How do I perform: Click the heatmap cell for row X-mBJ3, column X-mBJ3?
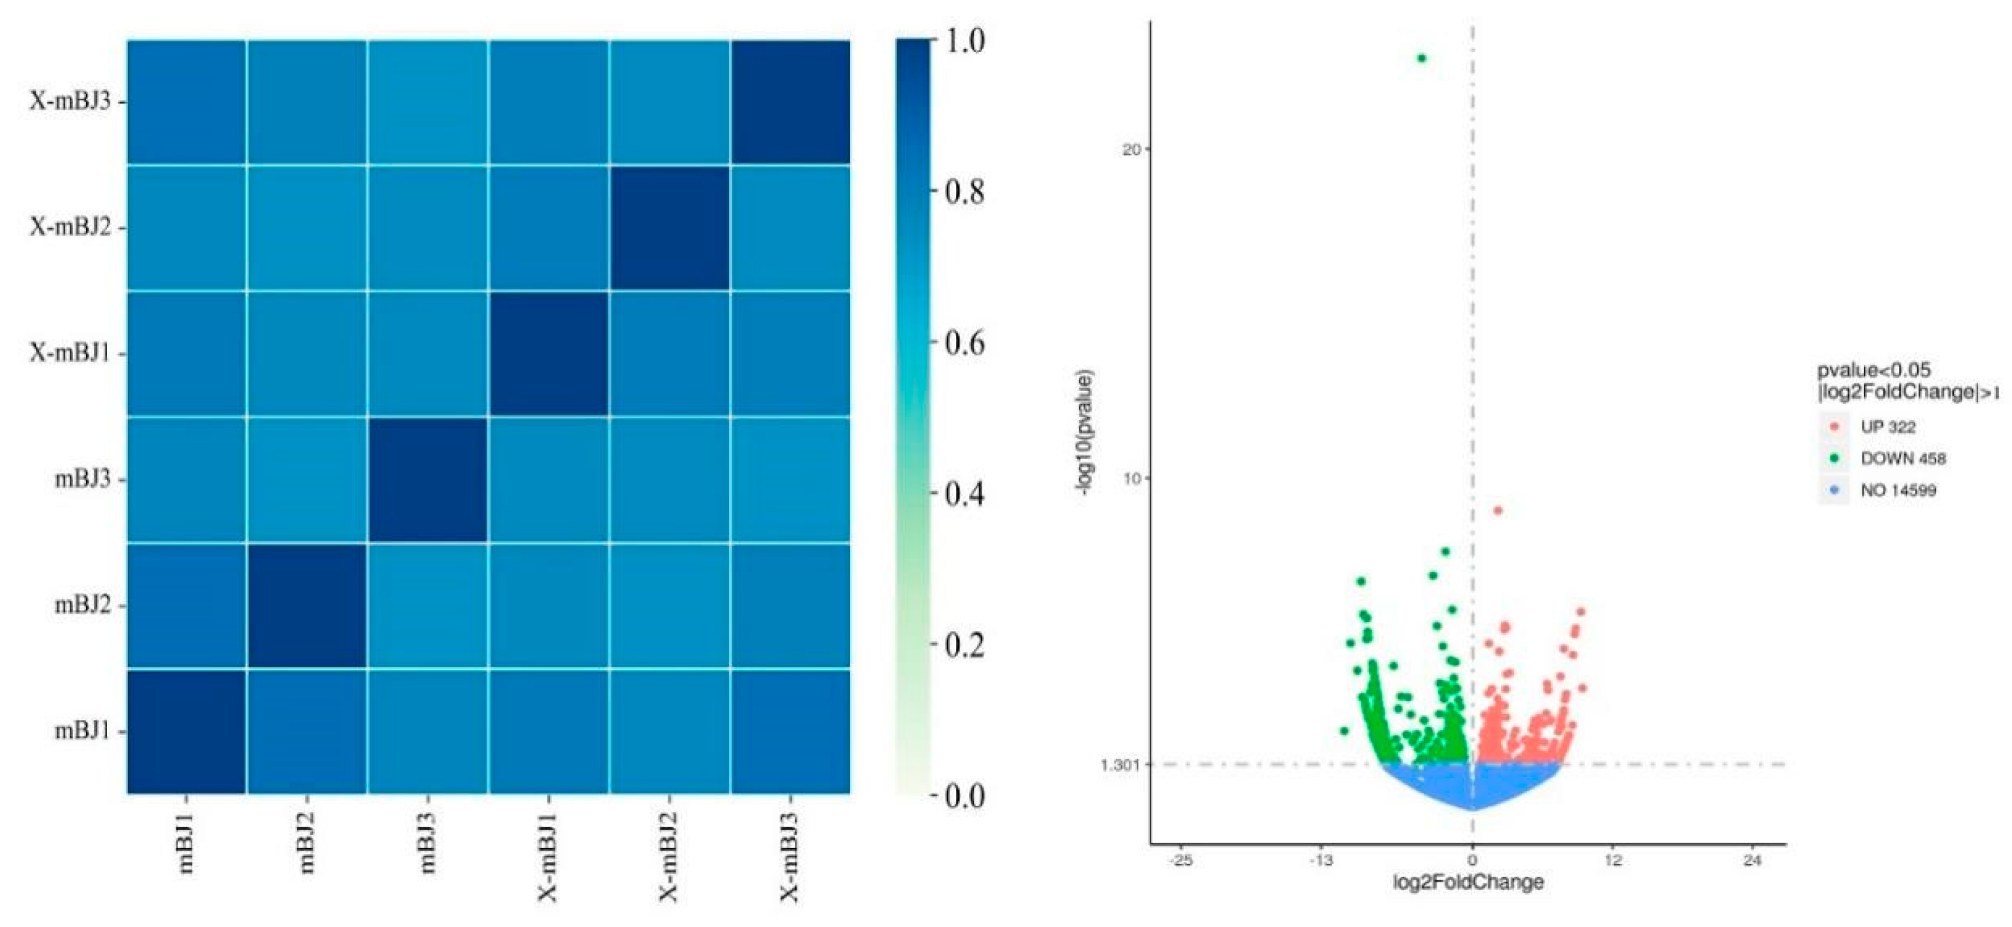pos(790,101)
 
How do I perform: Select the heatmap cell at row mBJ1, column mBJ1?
pos(187,731)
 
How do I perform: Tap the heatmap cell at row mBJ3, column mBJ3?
pos(428,479)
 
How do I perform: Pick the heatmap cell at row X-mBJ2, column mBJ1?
pos(187,227)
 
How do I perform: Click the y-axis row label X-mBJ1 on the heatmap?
pos(70,353)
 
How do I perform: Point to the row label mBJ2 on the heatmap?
pos(83,605)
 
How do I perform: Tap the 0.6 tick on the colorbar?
pos(963,342)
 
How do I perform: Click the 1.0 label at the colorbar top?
pos(964,41)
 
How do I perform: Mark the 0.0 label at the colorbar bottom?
pos(964,796)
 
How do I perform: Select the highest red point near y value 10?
pos(1497,511)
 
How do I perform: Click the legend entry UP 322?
pos(1887,426)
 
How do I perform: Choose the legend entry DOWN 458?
pos(1902,458)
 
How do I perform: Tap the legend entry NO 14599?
pos(1898,491)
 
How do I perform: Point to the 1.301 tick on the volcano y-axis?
pos(1119,764)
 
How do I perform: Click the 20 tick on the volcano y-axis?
pos(1130,149)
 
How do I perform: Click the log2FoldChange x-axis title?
pos(1469,882)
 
